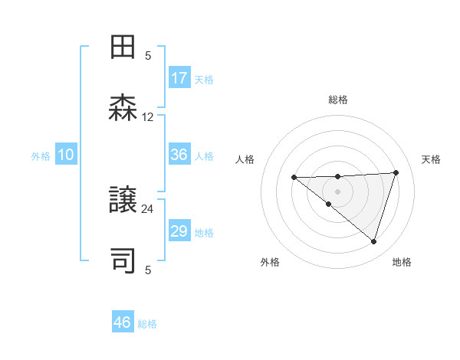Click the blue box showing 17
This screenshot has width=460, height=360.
179,78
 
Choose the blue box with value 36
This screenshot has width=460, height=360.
179,155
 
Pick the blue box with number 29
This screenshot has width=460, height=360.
179,231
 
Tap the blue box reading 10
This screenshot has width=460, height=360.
66,155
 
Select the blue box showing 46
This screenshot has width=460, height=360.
123,322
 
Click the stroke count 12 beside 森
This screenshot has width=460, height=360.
148,117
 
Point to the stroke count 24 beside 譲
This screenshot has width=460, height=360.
148,208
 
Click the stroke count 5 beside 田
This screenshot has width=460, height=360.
148,55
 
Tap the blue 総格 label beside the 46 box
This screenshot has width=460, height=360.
147,324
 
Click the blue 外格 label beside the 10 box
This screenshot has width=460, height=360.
41,156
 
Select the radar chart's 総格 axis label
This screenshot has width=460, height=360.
338,100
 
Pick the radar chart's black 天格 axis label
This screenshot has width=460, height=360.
431,159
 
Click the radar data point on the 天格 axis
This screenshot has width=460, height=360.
396,173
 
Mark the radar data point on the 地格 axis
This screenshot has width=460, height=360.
373,241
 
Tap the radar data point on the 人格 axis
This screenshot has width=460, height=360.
294,178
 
